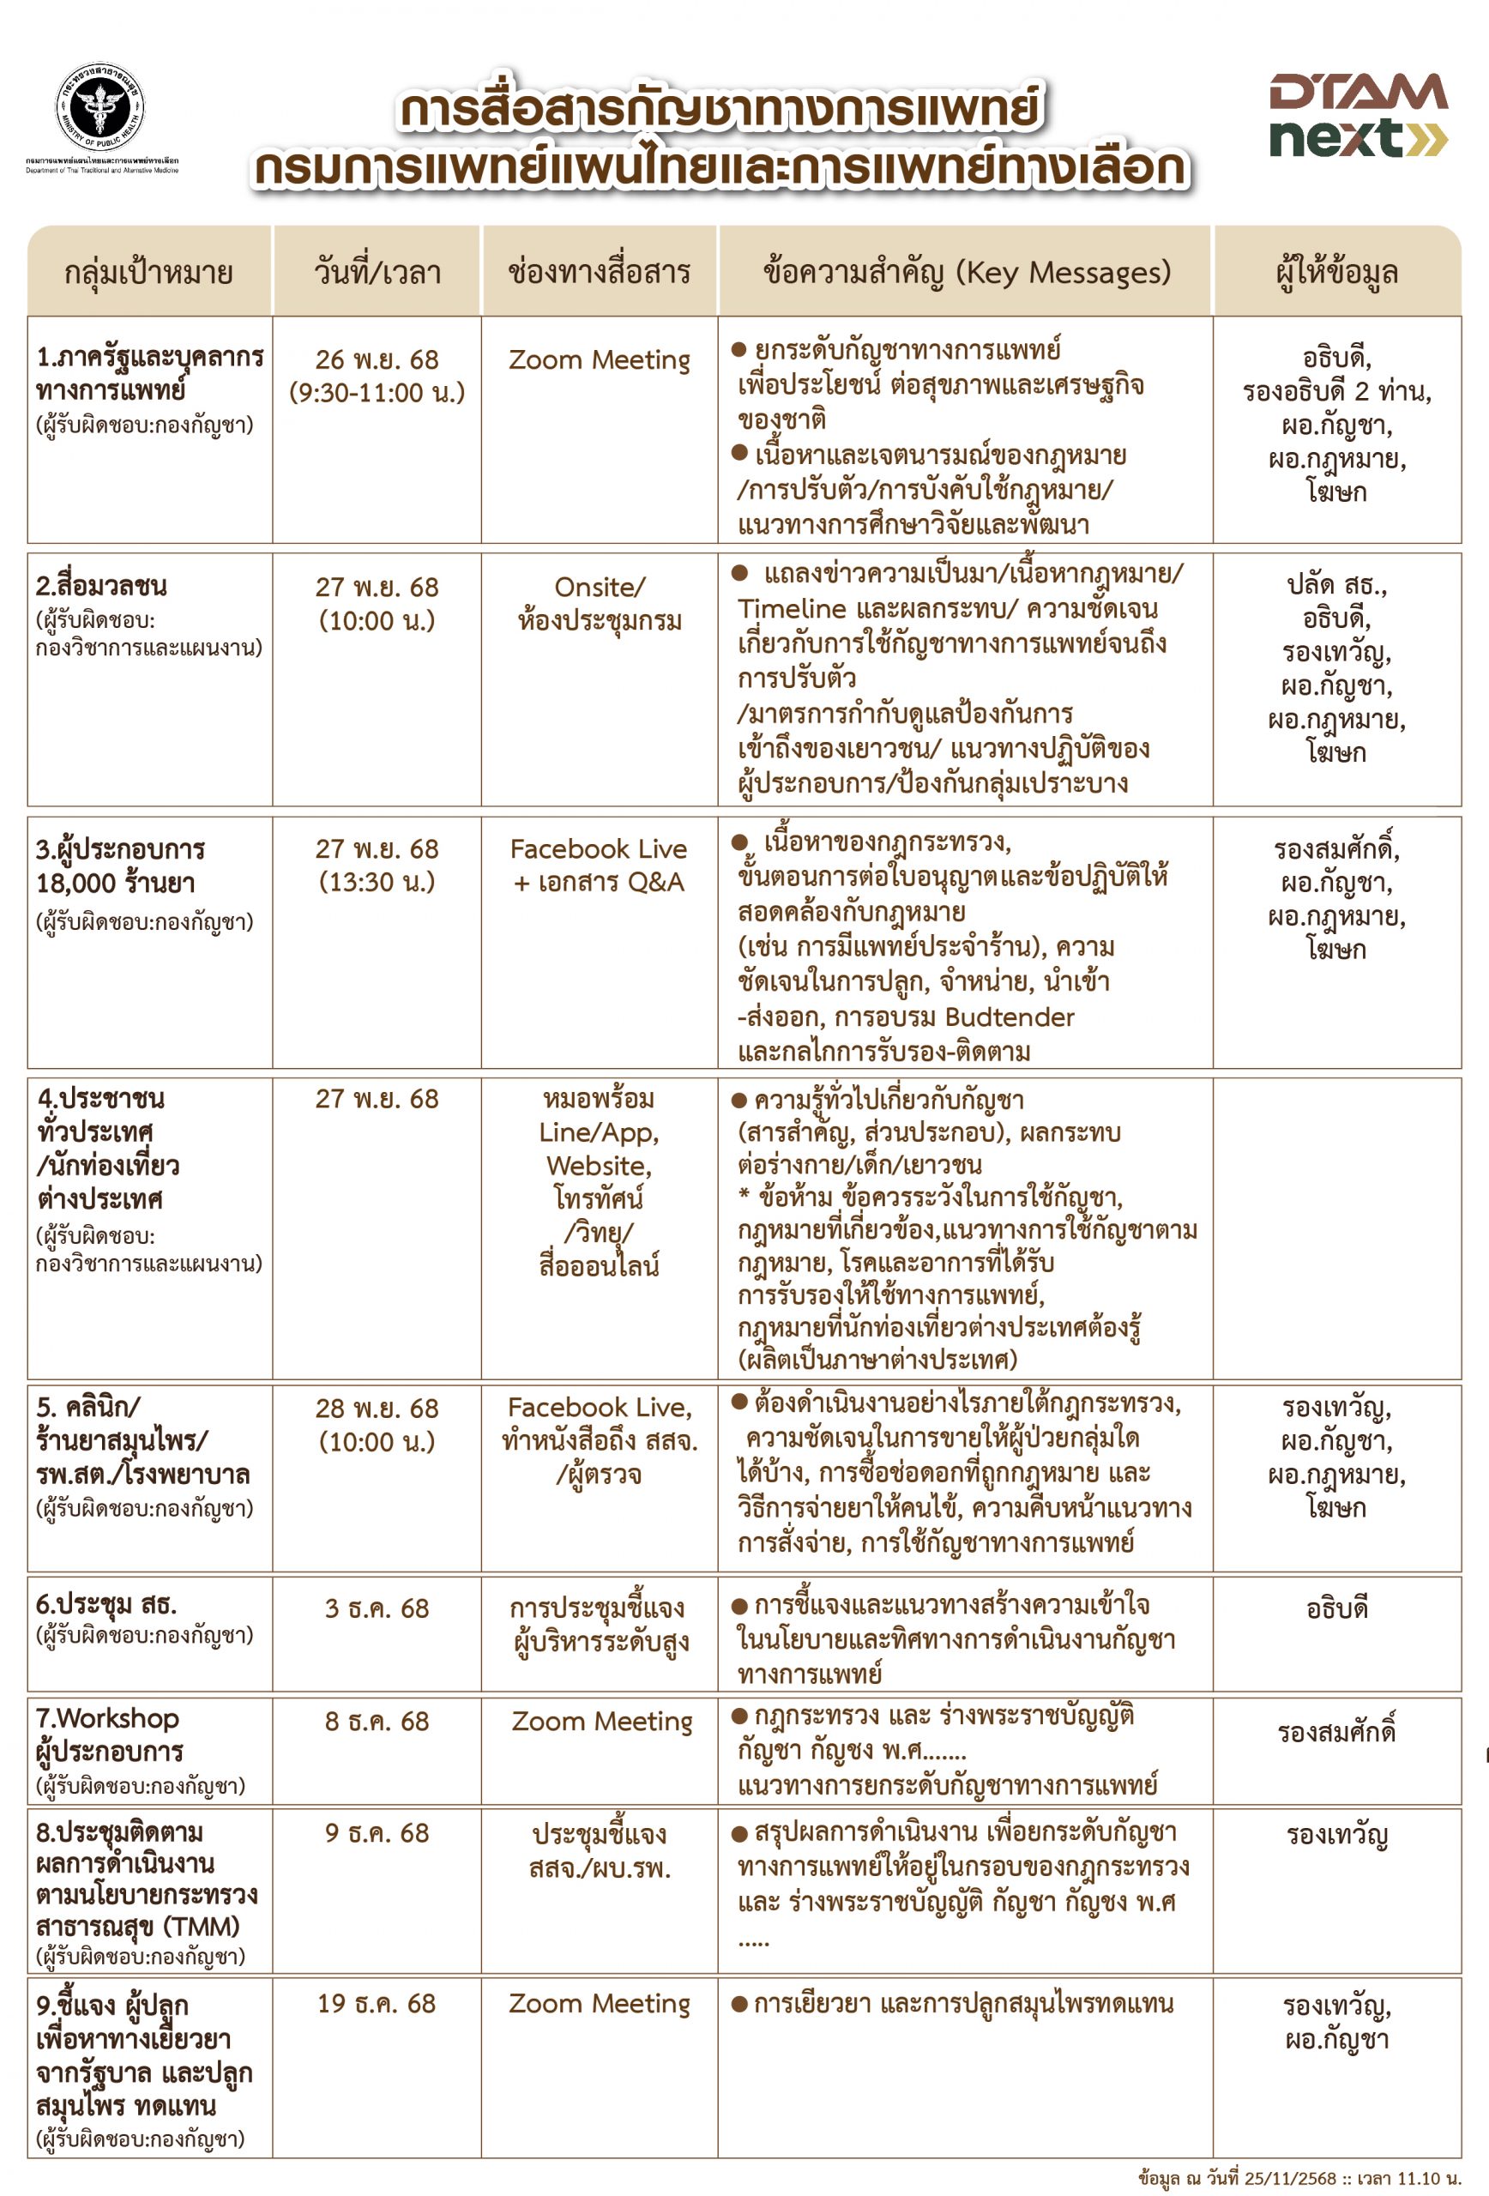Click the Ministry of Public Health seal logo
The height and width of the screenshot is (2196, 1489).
coord(100,108)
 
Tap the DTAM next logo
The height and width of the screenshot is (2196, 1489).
coord(1358,115)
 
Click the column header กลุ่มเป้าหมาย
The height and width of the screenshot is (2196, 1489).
coord(148,273)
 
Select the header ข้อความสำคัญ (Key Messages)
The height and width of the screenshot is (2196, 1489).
coord(967,272)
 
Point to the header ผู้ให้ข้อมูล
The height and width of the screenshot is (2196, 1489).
coord(1336,273)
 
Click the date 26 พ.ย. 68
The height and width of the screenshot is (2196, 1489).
coord(377,360)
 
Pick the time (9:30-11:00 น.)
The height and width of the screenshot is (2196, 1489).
coord(377,393)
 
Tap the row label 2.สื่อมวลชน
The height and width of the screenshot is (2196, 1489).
coord(101,586)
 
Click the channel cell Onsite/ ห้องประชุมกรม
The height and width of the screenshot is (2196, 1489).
coord(599,604)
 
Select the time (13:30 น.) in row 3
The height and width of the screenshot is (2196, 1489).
coord(377,883)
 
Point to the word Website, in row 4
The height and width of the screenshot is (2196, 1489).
coord(599,1166)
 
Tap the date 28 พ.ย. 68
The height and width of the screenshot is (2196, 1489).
coord(377,1409)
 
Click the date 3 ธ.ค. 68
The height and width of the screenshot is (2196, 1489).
coord(377,1609)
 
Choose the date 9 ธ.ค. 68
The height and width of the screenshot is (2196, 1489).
coord(377,1833)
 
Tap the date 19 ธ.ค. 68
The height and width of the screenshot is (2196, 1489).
coord(377,2003)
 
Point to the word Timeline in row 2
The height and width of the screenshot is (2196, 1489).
coord(792,609)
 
